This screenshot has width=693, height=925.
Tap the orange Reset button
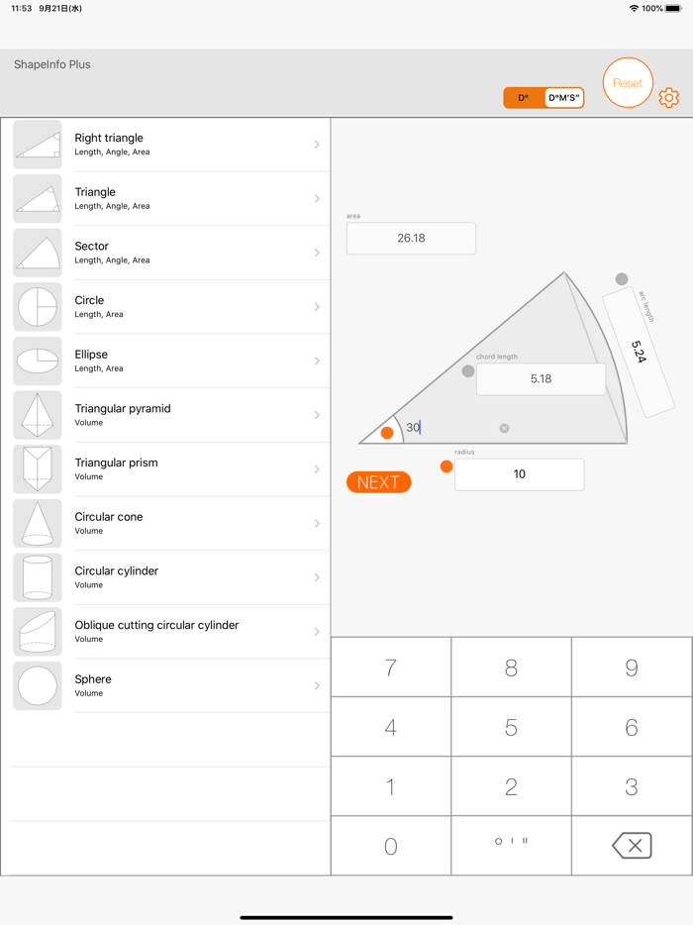[628, 83]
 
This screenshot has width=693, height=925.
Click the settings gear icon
[669, 97]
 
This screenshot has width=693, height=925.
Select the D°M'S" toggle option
[564, 98]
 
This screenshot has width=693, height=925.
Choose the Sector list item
[168, 253]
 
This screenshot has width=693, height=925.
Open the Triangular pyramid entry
[168, 415]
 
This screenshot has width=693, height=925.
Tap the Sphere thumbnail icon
[38, 686]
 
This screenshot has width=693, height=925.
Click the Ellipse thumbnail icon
[38, 361]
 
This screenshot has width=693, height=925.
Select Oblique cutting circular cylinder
[168, 632]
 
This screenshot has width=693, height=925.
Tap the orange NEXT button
[378, 482]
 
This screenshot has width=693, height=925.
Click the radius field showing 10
[519, 474]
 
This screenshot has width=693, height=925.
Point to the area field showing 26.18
[411, 239]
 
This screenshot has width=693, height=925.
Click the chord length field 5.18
[541, 379]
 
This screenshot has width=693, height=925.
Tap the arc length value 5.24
[639, 353]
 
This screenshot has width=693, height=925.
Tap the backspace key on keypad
[632, 846]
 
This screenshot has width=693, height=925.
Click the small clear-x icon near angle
[504, 429]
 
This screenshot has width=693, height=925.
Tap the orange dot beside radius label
[446, 466]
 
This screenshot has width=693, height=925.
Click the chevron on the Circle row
[317, 307]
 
